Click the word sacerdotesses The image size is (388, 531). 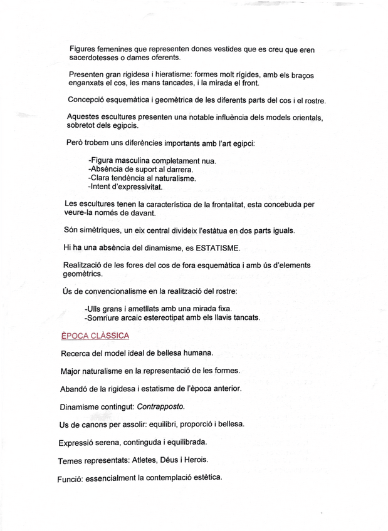pyautogui.click(x=93, y=58)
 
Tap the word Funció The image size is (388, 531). pyautogui.click(x=70, y=478)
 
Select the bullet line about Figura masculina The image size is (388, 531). pyautogui.click(x=152, y=161)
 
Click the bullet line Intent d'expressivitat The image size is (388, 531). pyautogui.click(x=125, y=187)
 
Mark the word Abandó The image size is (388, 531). pyautogui.click(x=75, y=388)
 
